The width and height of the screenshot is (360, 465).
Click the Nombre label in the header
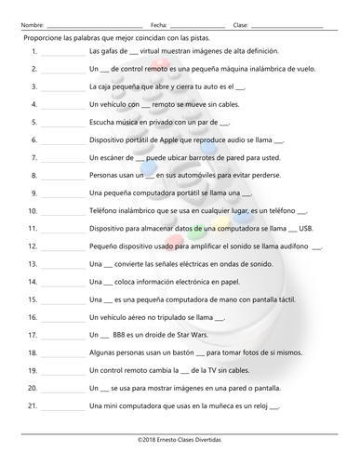click(x=31, y=24)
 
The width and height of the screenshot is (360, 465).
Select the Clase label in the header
click(x=240, y=24)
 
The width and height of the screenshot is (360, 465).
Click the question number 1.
click(x=34, y=52)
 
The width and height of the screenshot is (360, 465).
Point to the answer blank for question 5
click(x=62, y=123)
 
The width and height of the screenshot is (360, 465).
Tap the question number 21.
click(x=33, y=405)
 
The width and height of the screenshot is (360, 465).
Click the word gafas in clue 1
click(x=105, y=52)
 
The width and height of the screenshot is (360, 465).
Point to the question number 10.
click(x=33, y=210)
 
